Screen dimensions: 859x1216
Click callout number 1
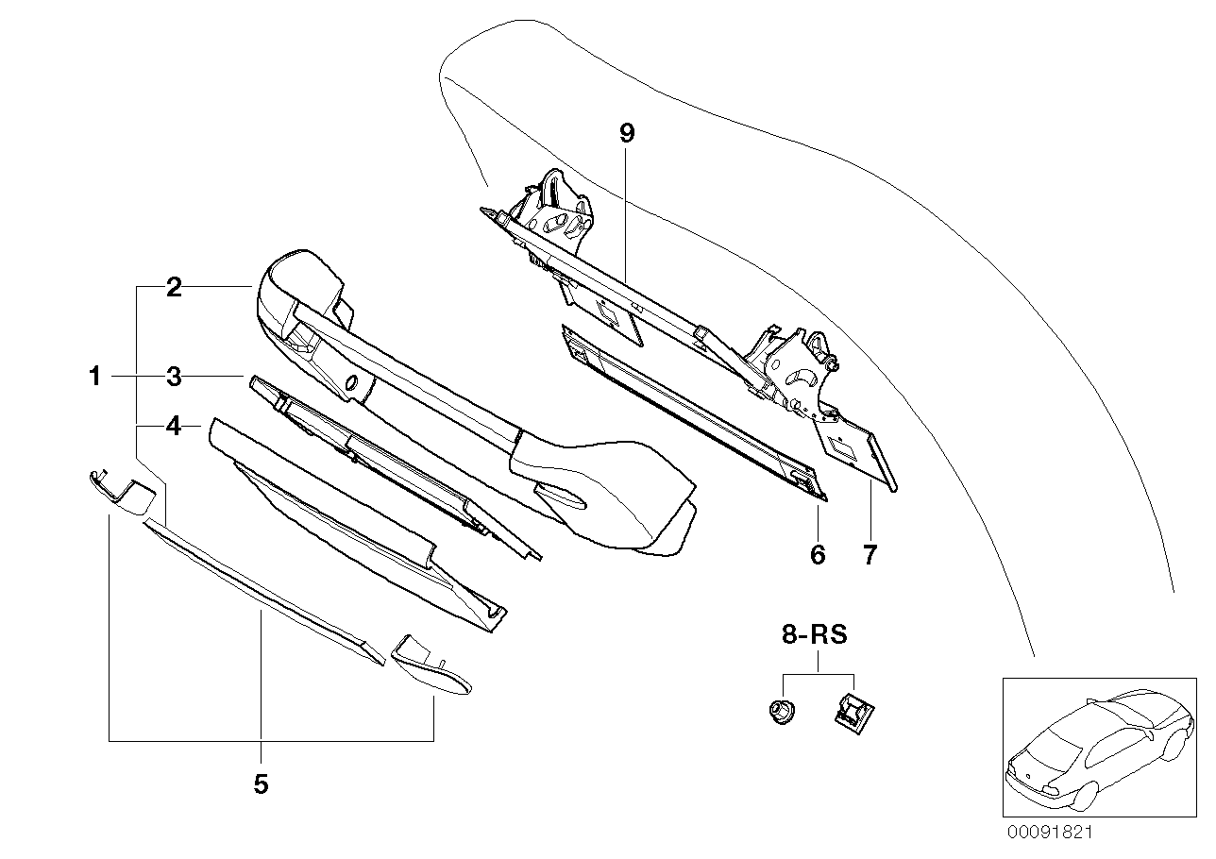(x=94, y=378)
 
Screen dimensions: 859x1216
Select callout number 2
(x=174, y=288)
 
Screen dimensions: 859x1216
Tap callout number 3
(x=174, y=378)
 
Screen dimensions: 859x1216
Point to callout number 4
(x=174, y=428)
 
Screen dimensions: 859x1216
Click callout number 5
(x=261, y=783)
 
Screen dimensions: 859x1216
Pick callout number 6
(x=818, y=554)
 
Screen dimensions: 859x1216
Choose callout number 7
(x=870, y=554)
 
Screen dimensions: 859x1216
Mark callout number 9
(x=627, y=133)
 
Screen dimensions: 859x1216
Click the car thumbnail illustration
(x=1095, y=746)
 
